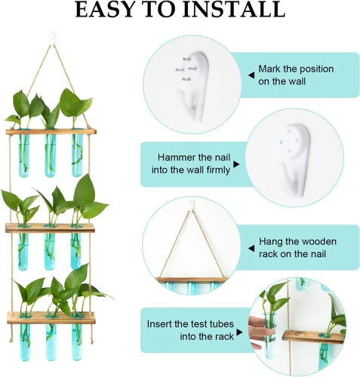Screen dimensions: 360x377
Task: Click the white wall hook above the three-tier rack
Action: (x=53, y=38)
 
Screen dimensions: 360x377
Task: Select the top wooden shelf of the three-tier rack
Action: (x=51, y=131)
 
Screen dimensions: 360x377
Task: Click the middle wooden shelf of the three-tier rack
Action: (x=50, y=228)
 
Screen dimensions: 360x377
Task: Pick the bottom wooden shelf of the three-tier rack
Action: (x=51, y=318)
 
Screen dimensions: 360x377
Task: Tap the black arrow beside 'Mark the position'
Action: (x=251, y=75)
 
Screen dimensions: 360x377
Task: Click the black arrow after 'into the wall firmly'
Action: (x=236, y=164)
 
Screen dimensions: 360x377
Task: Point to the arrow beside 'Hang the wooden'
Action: (x=251, y=248)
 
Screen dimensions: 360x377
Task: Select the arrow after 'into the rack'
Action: (x=239, y=333)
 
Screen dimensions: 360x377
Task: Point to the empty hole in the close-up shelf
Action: (x=299, y=335)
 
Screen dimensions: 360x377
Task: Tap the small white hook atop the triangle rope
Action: (x=192, y=205)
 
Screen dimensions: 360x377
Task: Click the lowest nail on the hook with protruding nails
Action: (x=186, y=79)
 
